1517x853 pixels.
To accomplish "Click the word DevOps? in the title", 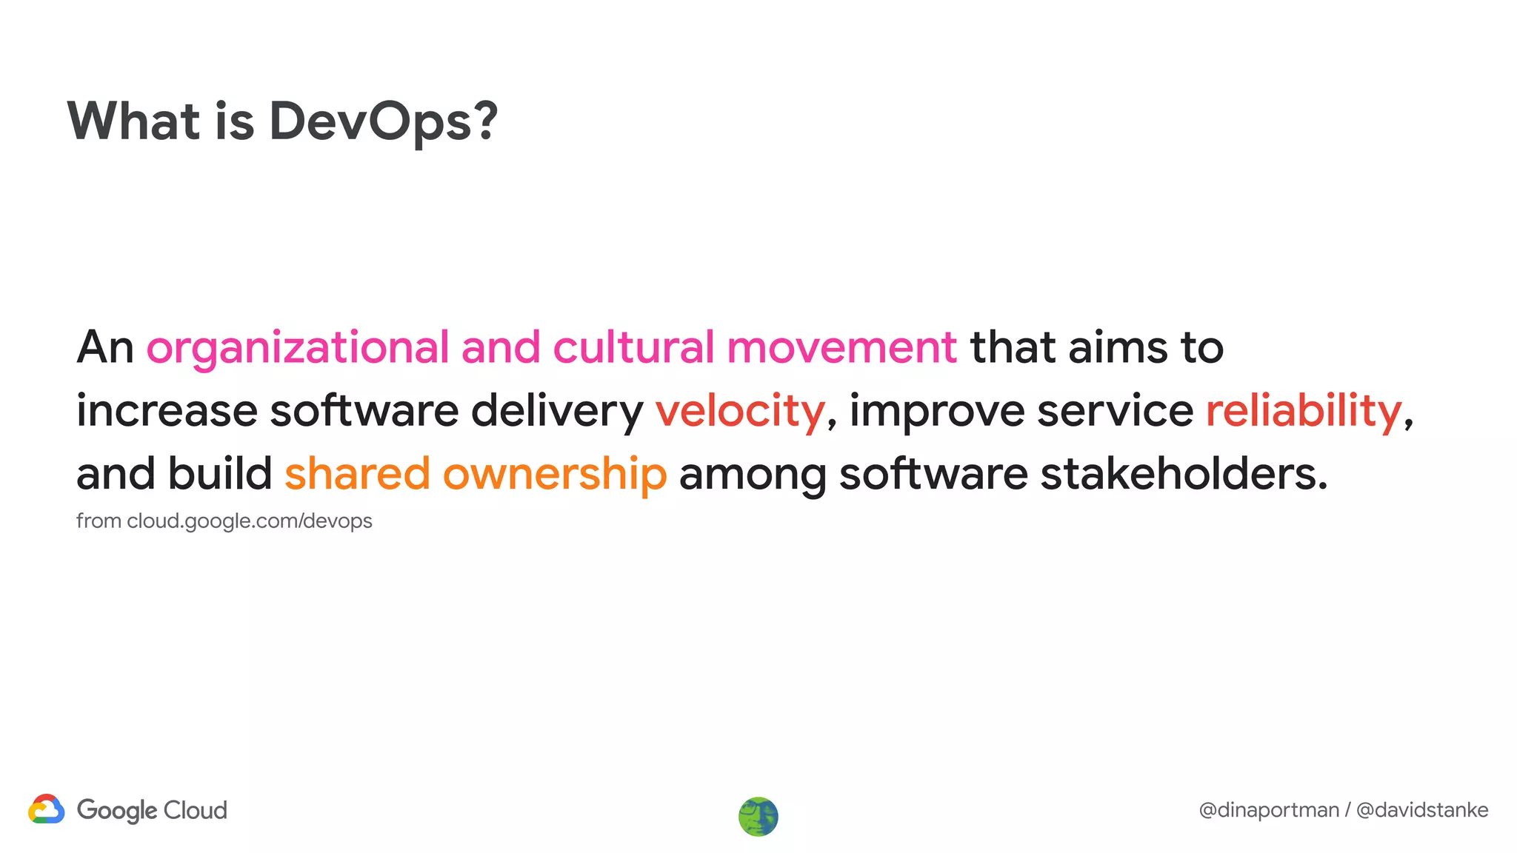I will click(383, 121).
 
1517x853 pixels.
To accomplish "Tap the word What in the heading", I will click(133, 121).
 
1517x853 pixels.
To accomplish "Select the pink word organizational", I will click(298, 347).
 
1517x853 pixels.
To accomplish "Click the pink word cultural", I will click(633, 347).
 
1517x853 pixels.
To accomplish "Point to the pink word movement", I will click(842, 347).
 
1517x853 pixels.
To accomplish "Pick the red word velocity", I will click(740, 411).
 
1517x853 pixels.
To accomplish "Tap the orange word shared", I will click(357, 474).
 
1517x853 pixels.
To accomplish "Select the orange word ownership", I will click(555, 475).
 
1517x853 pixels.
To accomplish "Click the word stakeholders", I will click(1184, 474).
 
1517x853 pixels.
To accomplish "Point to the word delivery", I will click(557, 411).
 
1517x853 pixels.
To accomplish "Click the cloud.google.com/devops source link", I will click(250, 521).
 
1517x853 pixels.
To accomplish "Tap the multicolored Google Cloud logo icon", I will click(47, 809).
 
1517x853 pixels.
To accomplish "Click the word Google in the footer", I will click(117, 811).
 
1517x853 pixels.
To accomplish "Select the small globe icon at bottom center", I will click(758, 817).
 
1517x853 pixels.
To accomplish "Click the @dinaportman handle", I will click(1269, 810).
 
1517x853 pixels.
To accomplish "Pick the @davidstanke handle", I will click(1422, 810).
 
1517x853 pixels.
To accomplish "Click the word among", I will click(753, 475).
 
